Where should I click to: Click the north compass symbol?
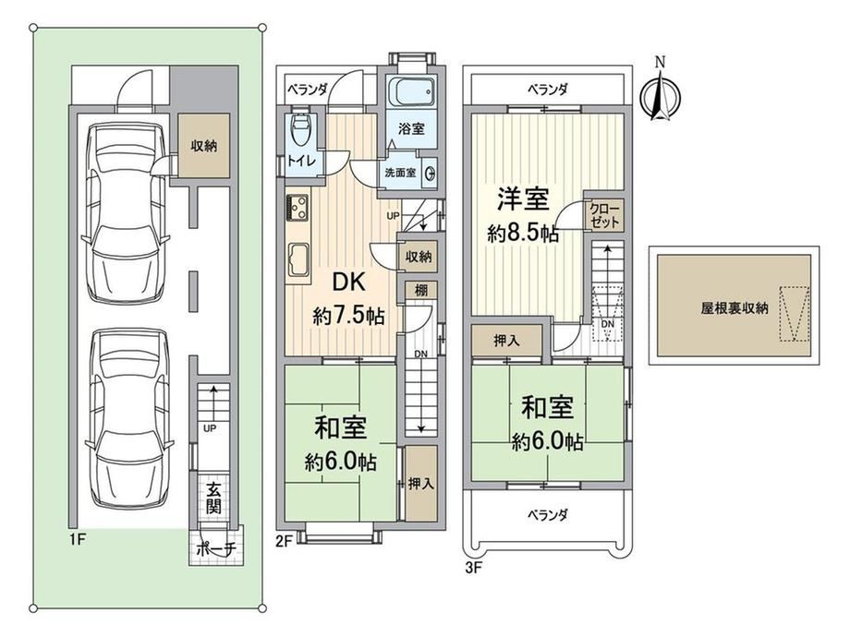click(660, 95)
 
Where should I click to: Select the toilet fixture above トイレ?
click(299, 129)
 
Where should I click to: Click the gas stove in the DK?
click(297, 207)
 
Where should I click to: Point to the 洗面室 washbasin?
click(431, 173)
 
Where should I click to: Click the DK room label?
click(348, 282)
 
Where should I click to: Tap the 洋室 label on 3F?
click(523, 199)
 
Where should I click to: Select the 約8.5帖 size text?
click(523, 234)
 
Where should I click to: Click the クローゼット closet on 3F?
click(604, 215)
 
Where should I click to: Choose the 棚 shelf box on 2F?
click(421, 290)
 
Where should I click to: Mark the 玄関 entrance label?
click(213, 498)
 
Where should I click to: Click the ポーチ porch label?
click(216, 548)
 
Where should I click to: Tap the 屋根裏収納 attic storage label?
click(735, 308)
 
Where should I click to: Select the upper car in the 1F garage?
click(126, 213)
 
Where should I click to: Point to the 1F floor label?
click(78, 540)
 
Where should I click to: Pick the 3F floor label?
click(473, 569)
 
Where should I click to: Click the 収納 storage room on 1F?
click(204, 145)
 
